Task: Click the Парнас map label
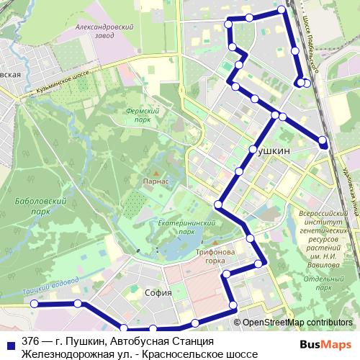156,181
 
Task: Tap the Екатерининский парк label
176,228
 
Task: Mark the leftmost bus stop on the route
33,305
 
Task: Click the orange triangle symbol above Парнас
155,172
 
